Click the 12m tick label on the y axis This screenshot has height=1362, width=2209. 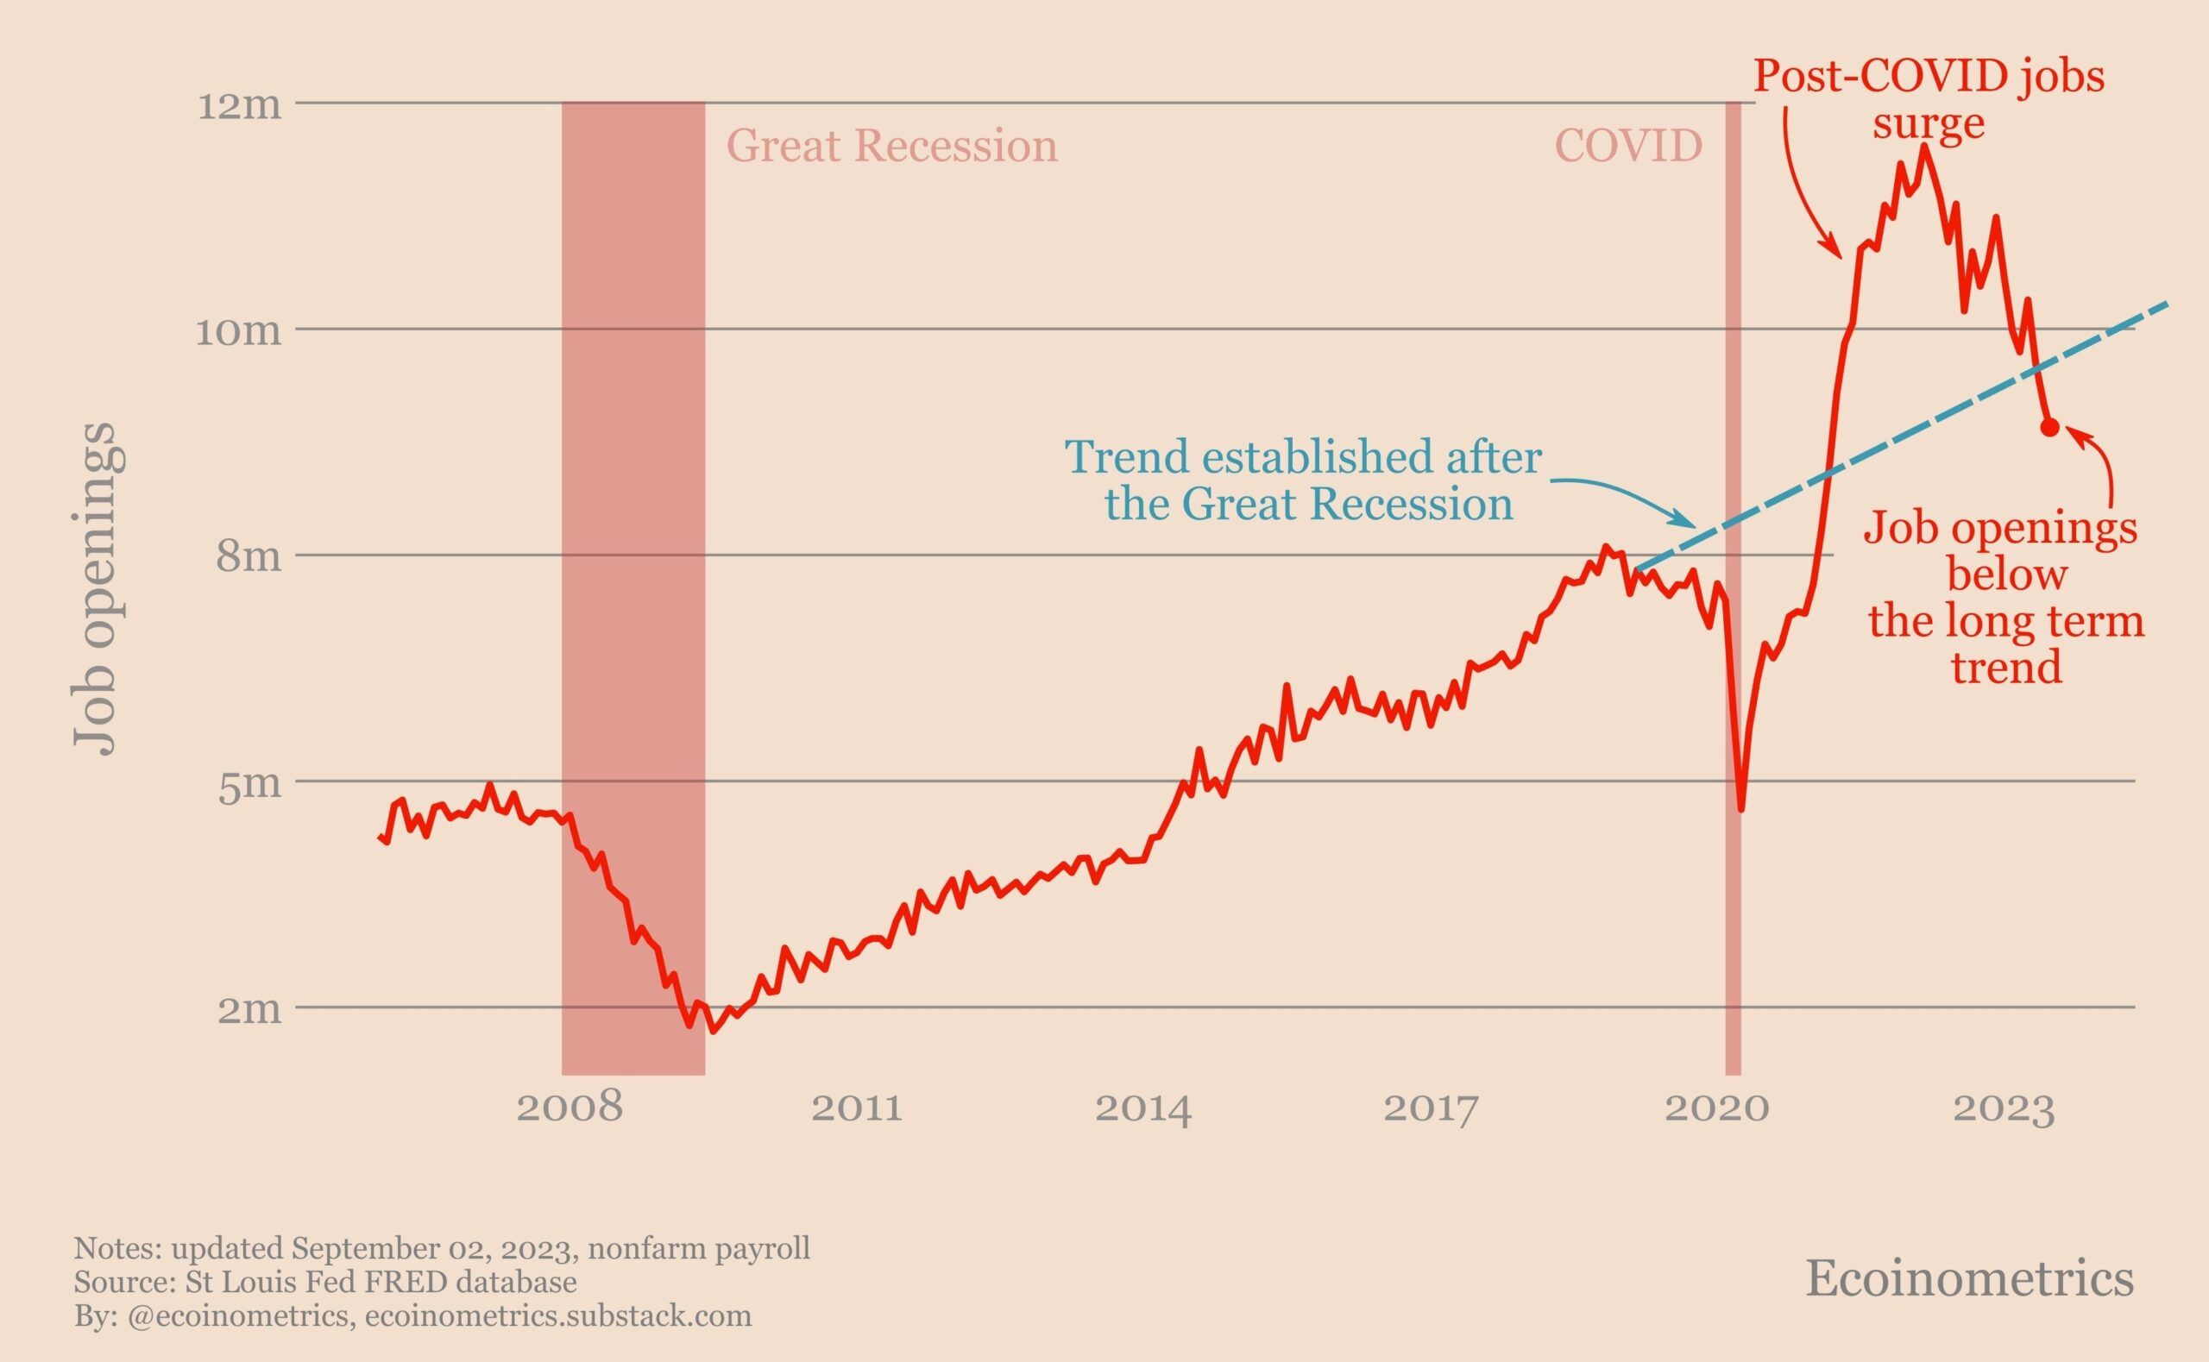coord(239,105)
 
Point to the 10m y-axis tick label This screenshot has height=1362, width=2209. coord(239,331)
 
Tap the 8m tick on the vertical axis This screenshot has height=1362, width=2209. coord(249,556)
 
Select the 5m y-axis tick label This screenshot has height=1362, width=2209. coord(249,785)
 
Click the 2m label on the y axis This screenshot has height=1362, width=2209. coord(249,1009)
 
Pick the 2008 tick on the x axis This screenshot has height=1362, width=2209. coord(570,1106)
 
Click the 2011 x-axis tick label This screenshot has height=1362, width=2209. coord(857,1106)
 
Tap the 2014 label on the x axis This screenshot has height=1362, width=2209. coord(1143,1106)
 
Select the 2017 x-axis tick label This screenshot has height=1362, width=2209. coord(1431,1106)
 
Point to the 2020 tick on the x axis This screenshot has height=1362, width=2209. coord(1717,1106)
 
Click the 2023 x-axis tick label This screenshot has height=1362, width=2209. coord(2004,1106)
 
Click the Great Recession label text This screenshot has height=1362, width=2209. coord(892,146)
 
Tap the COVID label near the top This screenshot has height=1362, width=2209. coord(1629,146)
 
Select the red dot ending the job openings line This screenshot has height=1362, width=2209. coord(2049,427)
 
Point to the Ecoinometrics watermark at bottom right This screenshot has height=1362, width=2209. coord(1969,1279)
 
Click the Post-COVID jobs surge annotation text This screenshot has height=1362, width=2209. coord(1929,99)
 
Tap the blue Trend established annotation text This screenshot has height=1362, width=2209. coord(1304,480)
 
